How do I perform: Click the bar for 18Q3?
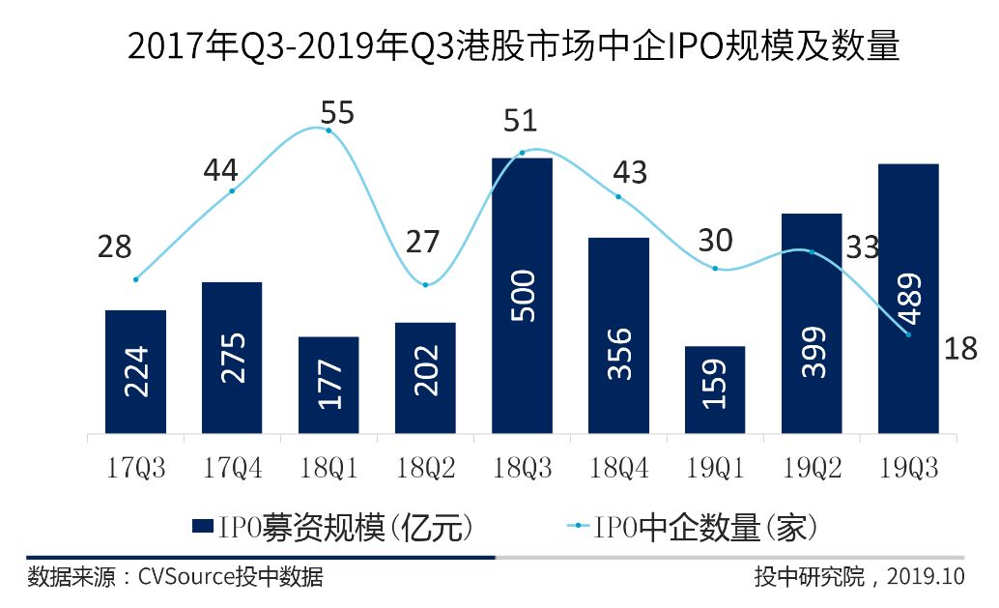tap(522, 295)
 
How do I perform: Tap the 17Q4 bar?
tap(232, 358)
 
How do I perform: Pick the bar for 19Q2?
tap(812, 323)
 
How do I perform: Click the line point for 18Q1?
tap(328, 130)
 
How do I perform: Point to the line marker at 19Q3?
tap(908, 334)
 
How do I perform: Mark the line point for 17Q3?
tap(135, 279)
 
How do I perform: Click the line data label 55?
tap(338, 113)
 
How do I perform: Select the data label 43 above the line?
tap(630, 172)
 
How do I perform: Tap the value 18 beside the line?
tap(961, 348)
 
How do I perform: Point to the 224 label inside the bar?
tap(136, 372)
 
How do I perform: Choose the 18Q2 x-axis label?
tap(425, 470)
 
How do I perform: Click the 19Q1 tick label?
tap(715, 470)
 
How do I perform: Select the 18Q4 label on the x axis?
tap(618, 470)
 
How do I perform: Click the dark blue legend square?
tap(202, 527)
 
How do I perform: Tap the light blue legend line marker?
tap(577, 527)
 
